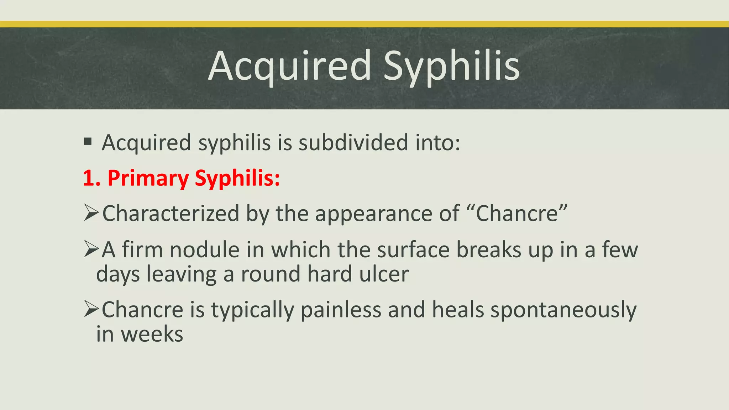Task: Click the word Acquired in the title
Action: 290,66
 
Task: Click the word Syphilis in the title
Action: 451,66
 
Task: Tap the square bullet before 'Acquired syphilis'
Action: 88,142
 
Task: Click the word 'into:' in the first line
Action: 438,143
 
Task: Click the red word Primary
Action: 148,179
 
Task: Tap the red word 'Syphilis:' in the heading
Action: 237,179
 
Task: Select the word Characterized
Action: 171,214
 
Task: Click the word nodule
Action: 204,250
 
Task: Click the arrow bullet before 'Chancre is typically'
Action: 91,309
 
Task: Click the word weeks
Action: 152,335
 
